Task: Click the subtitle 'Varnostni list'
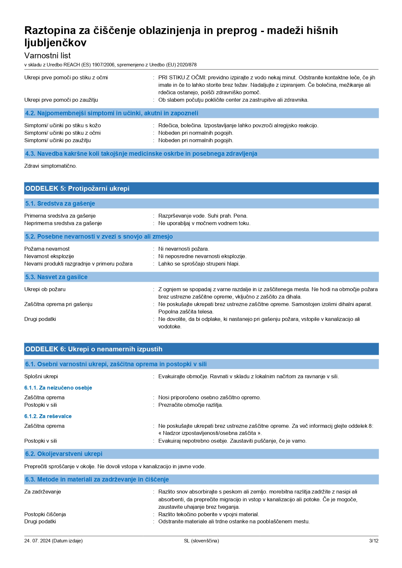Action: pyautogui.click(x=47, y=55)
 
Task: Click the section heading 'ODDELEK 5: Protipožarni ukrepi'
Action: pyautogui.click(x=77, y=188)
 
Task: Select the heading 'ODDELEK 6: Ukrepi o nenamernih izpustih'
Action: pyautogui.click(x=94, y=349)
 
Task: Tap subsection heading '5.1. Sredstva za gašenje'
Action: pyautogui.click(x=60, y=203)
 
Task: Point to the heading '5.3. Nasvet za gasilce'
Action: pyautogui.click(x=56, y=277)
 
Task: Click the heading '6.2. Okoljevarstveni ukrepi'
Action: pyautogui.click(x=63, y=454)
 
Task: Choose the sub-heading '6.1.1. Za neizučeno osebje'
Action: pyautogui.click(x=58, y=388)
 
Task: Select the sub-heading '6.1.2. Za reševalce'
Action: pyautogui.click(x=48, y=416)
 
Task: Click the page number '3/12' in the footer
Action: pyautogui.click(x=373, y=540)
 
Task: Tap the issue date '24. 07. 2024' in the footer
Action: pyautogui.click(x=37, y=540)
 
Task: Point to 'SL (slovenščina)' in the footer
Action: pyautogui.click(x=201, y=540)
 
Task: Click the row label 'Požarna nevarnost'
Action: pyautogui.click(x=47, y=249)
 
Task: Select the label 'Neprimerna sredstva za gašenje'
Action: pyautogui.click(x=63, y=223)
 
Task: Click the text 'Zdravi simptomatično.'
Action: pyautogui.click(x=51, y=166)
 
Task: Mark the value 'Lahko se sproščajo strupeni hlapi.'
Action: pyautogui.click(x=199, y=264)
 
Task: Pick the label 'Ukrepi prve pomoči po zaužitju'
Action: pyautogui.click(x=61, y=100)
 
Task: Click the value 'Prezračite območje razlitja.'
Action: pyautogui.click(x=190, y=405)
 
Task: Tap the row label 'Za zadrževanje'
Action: pyautogui.click(x=42, y=492)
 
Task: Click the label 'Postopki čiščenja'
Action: pyautogui.click(x=45, y=514)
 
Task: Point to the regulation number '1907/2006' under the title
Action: pyautogui.click(x=103, y=65)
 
